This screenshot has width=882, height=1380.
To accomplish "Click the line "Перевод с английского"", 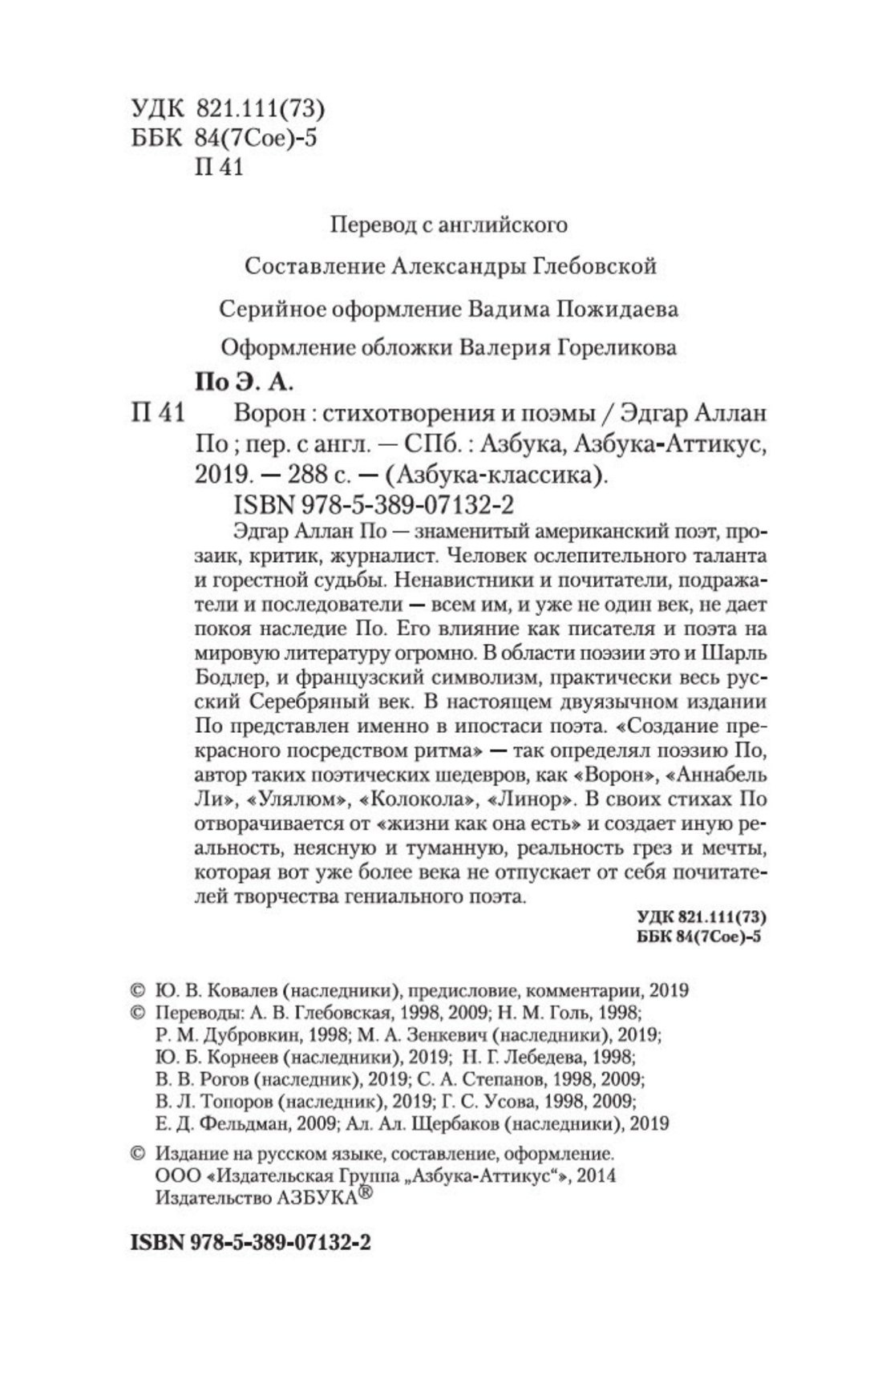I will tap(448, 225).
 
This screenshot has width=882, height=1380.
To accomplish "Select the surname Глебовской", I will tap(593, 265).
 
